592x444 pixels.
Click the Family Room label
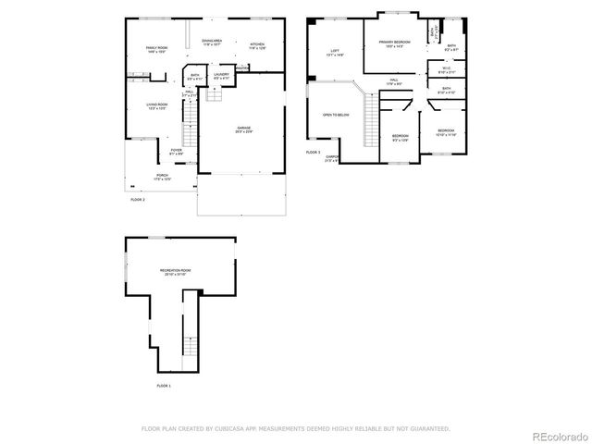(155, 49)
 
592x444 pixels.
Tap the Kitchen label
(257, 44)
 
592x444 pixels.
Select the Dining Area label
(212, 42)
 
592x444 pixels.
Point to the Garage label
(244, 129)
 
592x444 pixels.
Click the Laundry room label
(221, 76)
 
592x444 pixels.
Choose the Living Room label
(155, 105)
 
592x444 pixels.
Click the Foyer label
(176, 151)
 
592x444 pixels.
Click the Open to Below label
(335, 115)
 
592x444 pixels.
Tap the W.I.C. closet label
(446, 68)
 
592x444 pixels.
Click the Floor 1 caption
(164, 385)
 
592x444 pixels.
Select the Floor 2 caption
(138, 199)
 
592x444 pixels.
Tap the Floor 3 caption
(313, 152)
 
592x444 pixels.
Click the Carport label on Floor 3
(332, 158)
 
